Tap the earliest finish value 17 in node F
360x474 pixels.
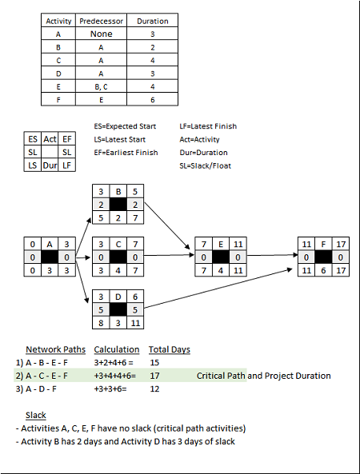coord(342,243)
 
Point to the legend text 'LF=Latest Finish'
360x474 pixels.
coord(208,126)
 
